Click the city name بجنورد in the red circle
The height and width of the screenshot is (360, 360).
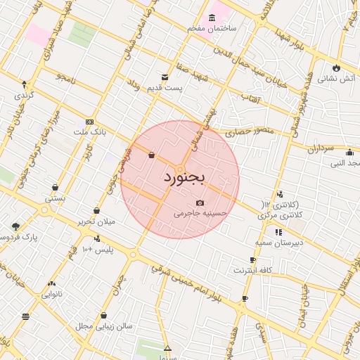[184, 178]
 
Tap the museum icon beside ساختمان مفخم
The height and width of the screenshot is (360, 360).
[212, 17]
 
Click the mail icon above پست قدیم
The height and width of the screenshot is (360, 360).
[165, 77]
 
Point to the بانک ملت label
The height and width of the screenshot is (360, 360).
[89, 131]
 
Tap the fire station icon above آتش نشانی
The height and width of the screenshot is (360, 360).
[336, 68]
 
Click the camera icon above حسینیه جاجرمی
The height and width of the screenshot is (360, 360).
[200, 202]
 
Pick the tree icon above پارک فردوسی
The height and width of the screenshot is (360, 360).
[15, 226]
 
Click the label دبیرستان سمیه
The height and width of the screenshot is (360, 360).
[279, 242]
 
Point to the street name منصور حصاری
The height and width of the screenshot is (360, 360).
[247, 132]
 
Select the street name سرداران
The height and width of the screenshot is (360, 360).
[323, 148]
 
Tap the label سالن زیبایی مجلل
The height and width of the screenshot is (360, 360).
[104, 326]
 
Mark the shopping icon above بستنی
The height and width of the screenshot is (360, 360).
[55, 188]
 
